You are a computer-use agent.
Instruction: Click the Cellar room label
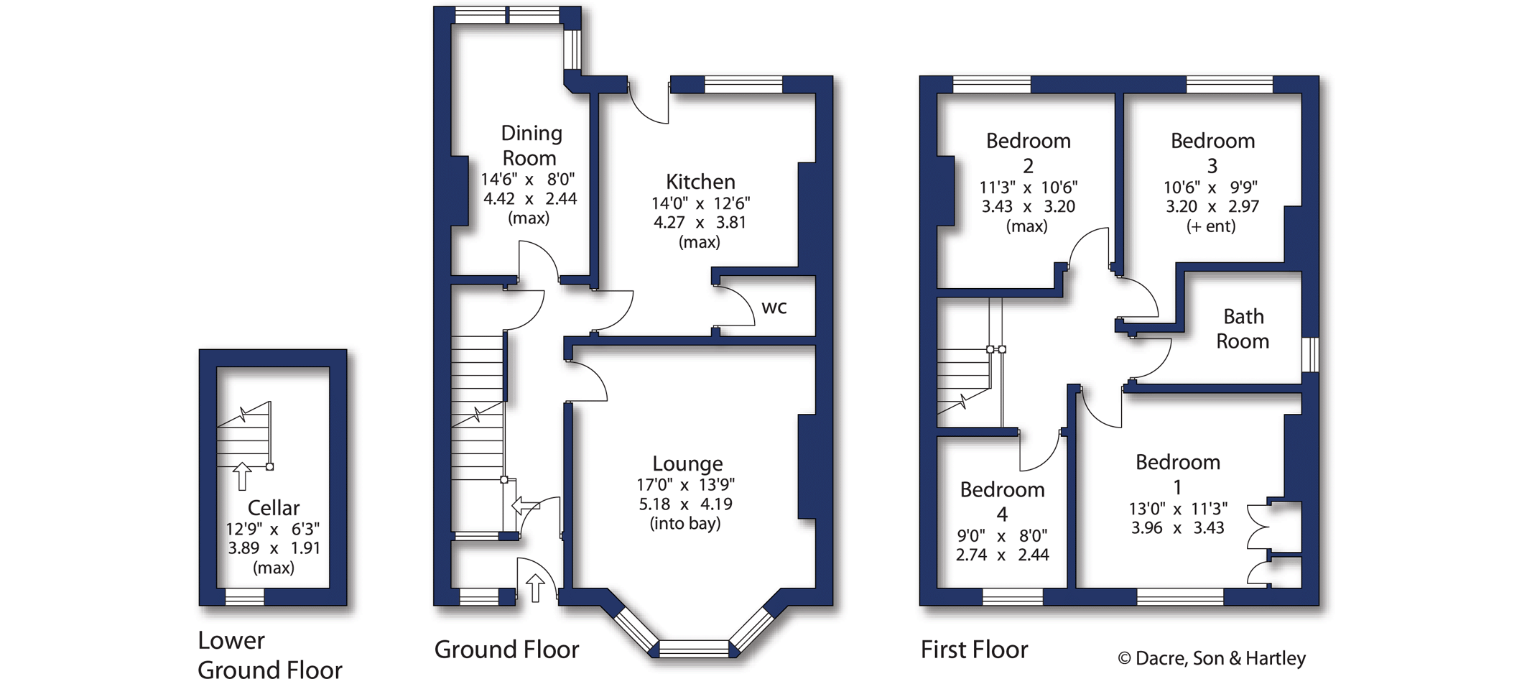[273, 508]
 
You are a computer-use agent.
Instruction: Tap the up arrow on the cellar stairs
[242, 476]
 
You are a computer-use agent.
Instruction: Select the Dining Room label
[530, 145]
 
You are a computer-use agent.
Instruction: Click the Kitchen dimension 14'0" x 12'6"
[700, 203]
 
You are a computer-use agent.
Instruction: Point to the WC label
[774, 308]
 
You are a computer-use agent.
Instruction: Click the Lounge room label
[687, 463]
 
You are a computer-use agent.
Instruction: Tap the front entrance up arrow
[535, 588]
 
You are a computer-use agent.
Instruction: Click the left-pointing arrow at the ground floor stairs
[525, 506]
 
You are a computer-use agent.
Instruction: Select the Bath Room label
[1243, 328]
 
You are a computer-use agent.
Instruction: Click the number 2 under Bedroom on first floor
[1028, 167]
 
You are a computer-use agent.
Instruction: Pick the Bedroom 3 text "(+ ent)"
[1211, 226]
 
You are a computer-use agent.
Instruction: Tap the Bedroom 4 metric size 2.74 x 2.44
[1002, 555]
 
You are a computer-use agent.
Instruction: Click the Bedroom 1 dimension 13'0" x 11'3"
[1178, 509]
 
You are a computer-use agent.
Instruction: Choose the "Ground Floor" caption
[506, 650]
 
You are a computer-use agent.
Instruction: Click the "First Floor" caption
[974, 650]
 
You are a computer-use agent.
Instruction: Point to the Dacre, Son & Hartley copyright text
[1212, 658]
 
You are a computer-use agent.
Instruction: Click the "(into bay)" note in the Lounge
[685, 524]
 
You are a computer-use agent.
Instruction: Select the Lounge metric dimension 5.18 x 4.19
[686, 504]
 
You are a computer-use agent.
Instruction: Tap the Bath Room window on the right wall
[1310, 354]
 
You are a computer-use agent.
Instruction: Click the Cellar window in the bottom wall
[245, 597]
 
